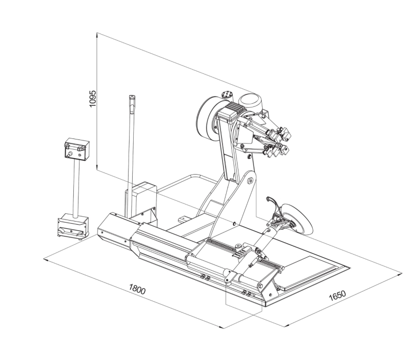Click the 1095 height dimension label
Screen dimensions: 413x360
click(x=93, y=99)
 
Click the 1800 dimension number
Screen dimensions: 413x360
click(x=137, y=289)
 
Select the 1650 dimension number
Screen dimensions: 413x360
click(x=338, y=295)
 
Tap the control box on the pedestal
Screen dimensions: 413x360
click(x=77, y=149)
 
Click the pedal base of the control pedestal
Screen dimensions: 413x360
click(x=73, y=226)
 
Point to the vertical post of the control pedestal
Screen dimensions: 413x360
click(x=76, y=189)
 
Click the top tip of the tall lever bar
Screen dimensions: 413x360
click(x=132, y=96)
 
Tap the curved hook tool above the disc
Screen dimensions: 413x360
click(x=273, y=202)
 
